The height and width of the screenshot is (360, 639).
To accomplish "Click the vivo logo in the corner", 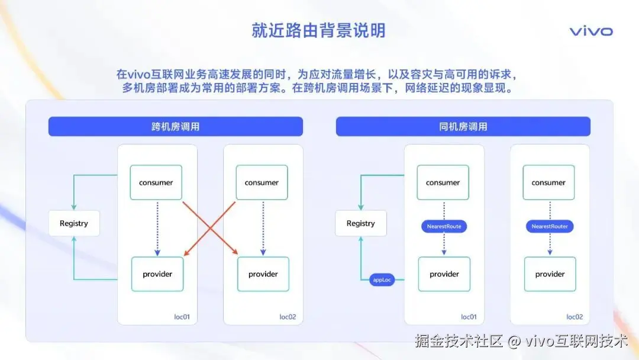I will click(591, 31).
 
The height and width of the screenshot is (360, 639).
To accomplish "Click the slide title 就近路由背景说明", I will click(318, 30).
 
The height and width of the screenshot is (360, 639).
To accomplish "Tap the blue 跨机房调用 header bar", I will click(175, 127).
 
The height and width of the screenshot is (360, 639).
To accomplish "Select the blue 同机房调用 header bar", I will click(463, 127).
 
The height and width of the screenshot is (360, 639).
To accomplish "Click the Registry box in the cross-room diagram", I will click(74, 223).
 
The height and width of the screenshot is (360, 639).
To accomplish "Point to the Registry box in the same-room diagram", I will click(361, 223).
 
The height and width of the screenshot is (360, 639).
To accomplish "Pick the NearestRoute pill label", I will click(444, 226).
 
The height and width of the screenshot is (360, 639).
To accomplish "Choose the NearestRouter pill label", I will click(550, 226).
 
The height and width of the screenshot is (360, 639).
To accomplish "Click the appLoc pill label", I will click(382, 279).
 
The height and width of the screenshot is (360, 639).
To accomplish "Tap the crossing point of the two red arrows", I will click(210, 229).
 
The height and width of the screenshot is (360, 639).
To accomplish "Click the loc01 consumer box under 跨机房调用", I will click(156, 182).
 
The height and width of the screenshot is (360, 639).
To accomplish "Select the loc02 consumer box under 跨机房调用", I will click(262, 182).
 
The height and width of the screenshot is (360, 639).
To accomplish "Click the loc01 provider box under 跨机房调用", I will click(157, 274).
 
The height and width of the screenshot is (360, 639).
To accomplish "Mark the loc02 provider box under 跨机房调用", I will click(263, 274).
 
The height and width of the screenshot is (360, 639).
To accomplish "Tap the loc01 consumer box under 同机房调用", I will click(443, 182).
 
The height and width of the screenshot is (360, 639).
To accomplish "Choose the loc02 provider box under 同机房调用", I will click(550, 274).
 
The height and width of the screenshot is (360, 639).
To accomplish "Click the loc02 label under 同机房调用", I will click(575, 317).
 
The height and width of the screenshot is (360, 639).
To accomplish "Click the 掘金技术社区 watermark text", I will click(459, 341).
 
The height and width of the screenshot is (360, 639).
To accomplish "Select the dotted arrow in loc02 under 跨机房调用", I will click(263, 228).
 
